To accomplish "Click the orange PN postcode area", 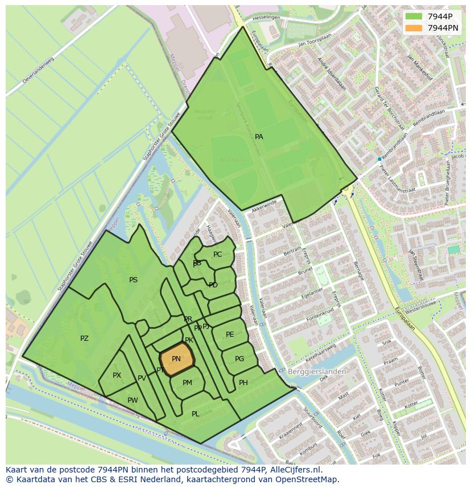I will pyautogui.click(x=176, y=359).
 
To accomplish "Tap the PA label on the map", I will pyautogui.click(x=259, y=137).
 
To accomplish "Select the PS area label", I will pyautogui.click(x=133, y=280).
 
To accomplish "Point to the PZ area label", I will pyautogui.click(x=84, y=338).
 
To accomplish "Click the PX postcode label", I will pyautogui.click(x=117, y=375).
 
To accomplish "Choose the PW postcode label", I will pyautogui.click(x=133, y=400).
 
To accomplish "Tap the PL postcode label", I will pyautogui.click(x=195, y=414).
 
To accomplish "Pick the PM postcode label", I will pyautogui.click(x=187, y=383).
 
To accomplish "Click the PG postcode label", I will pyautogui.click(x=239, y=359).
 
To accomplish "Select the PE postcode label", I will pyautogui.click(x=230, y=335).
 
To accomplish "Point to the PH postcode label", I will pyautogui.click(x=243, y=383).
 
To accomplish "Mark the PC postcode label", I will pyautogui.click(x=217, y=254).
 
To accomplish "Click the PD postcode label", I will pyautogui.click(x=213, y=285).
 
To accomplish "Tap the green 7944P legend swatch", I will pyautogui.click(x=414, y=16).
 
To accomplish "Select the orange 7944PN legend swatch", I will pyautogui.click(x=414, y=28).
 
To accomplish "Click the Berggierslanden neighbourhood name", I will pyautogui.click(x=317, y=371).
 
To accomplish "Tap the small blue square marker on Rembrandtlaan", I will pyautogui.click(x=379, y=159).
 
